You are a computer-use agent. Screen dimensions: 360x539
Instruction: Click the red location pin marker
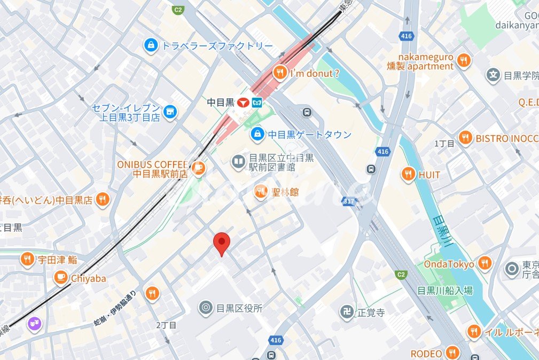[222, 244]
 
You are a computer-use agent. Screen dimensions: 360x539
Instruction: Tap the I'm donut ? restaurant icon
[279, 73]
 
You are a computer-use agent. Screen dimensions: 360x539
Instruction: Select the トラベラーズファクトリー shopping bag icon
[151, 46]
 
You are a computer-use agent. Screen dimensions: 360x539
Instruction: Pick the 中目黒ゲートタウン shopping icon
[257, 134]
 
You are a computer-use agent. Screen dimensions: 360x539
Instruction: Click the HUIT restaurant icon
[408, 175]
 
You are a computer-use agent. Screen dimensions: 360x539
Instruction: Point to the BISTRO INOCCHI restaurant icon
[465, 138]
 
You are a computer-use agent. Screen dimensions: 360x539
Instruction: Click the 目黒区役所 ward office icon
[205, 308]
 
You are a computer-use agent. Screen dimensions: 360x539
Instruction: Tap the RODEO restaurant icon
[452, 353]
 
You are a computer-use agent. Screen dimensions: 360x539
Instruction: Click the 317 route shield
[350, 201]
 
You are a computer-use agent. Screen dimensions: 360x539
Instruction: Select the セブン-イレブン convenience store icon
[170, 112]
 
